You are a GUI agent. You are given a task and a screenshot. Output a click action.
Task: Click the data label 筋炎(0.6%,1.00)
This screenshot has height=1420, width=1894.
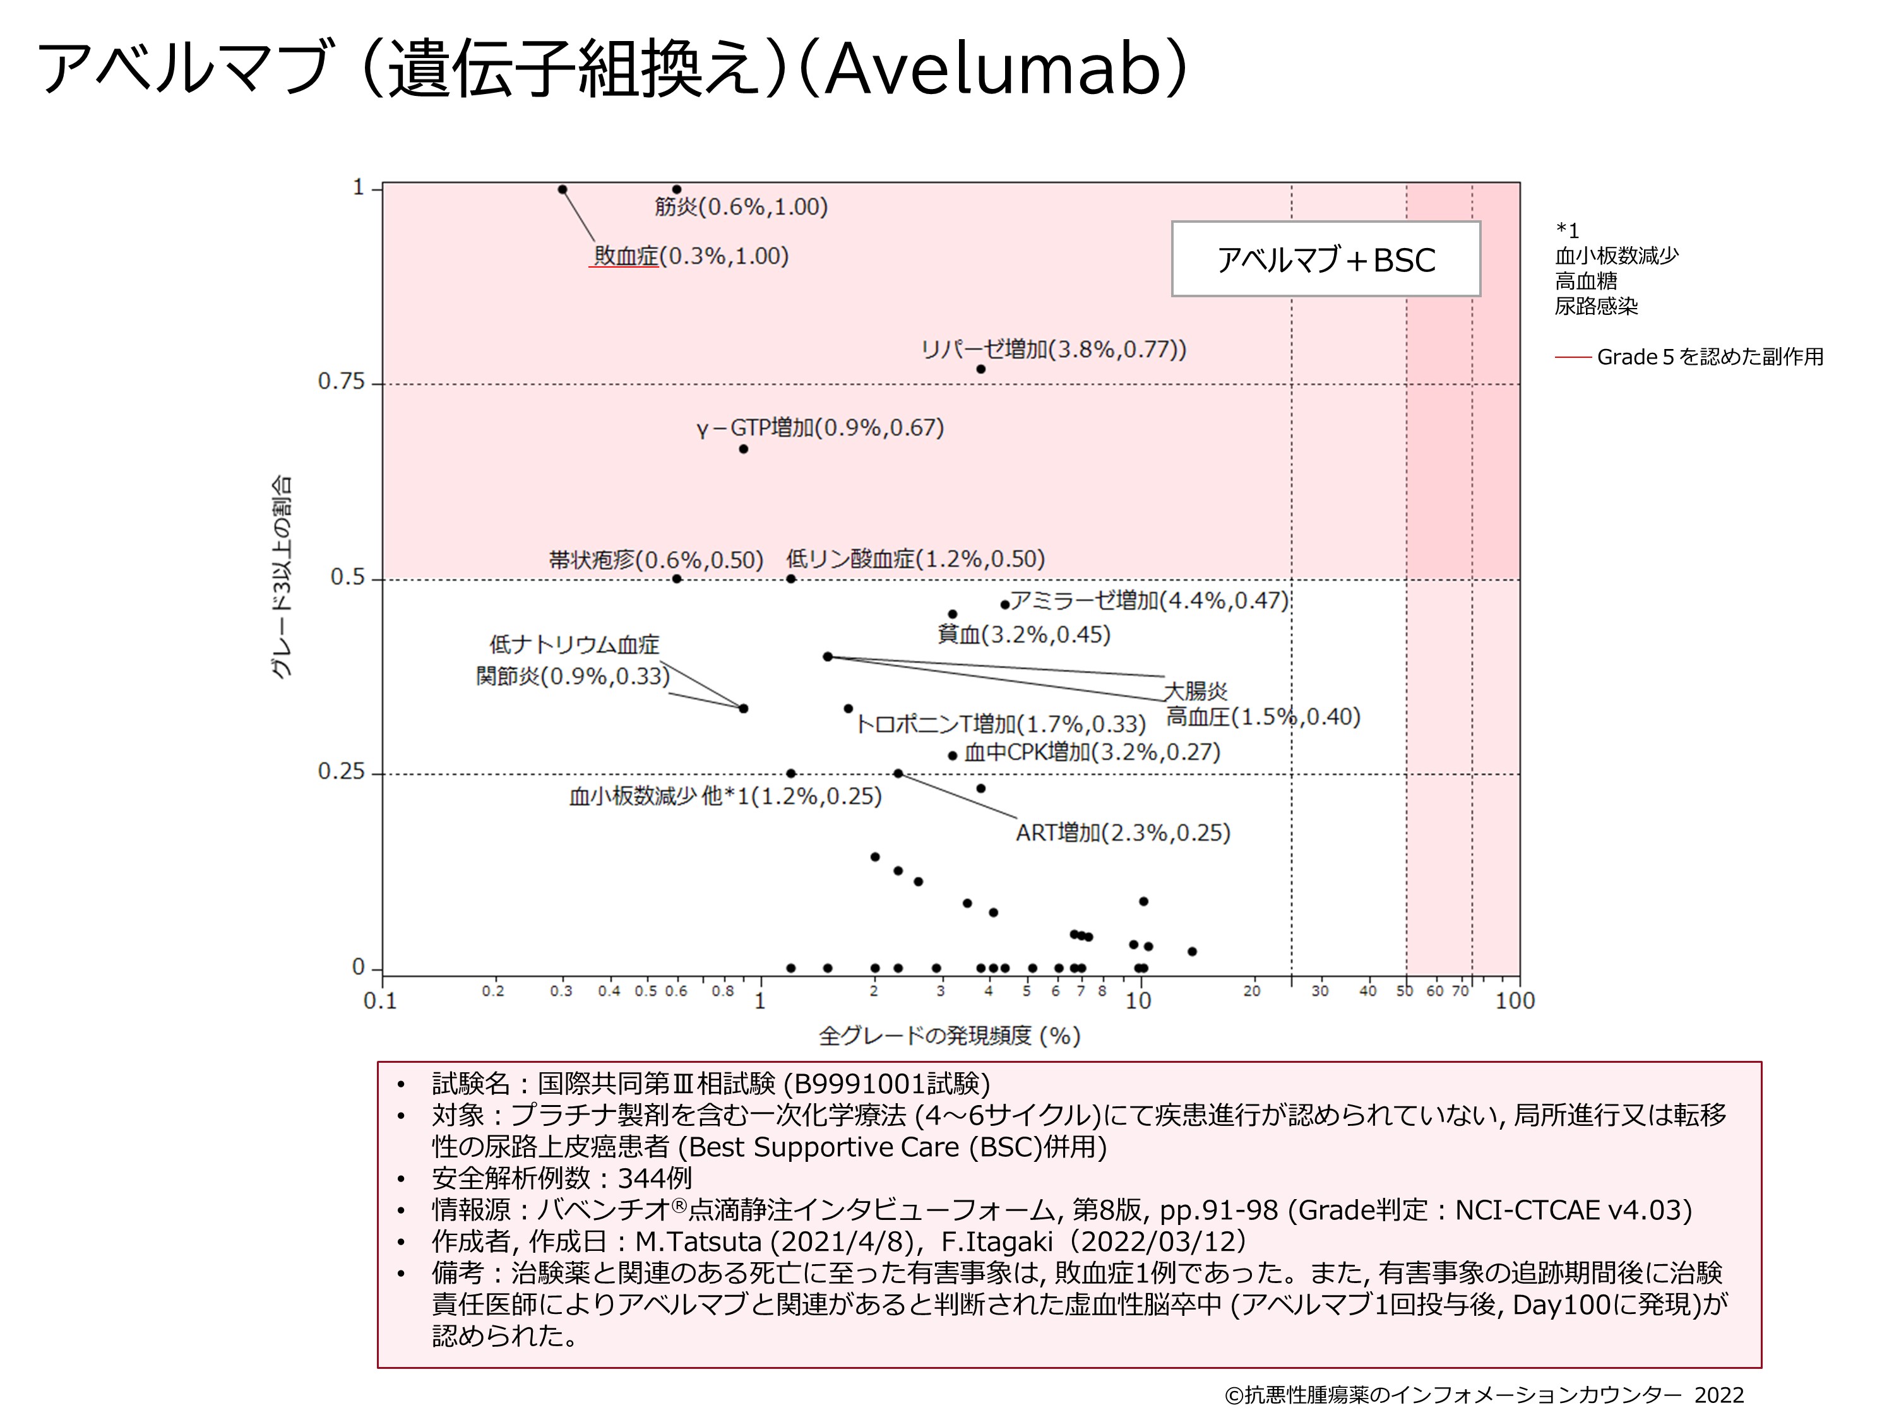coord(741,207)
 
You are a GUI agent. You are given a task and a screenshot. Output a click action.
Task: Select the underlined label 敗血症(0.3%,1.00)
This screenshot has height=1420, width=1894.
coord(691,256)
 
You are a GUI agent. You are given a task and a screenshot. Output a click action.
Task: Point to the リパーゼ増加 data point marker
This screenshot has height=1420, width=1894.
coord(981,370)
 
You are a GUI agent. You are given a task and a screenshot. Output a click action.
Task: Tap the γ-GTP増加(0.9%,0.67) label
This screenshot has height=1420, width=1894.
coord(820,428)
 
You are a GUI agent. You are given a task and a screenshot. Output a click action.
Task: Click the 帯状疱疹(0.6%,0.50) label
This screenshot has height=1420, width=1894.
coord(656,560)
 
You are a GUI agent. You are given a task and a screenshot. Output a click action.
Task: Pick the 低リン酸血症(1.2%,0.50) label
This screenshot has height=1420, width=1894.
coord(915,560)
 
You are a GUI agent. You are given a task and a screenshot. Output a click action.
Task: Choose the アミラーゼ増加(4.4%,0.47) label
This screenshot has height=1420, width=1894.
coord(1149,601)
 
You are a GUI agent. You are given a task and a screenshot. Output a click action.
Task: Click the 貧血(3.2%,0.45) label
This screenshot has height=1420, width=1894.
coord(1023,635)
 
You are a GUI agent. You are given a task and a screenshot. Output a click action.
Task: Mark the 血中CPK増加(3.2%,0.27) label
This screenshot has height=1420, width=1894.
coord(1092,752)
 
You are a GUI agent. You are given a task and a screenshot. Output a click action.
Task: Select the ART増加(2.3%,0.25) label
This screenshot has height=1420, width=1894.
coord(1123,833)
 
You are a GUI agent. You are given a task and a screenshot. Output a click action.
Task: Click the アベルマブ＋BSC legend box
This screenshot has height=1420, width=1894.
coord(1325,259)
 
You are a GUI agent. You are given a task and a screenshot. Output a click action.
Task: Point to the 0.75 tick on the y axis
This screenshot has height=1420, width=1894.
coord(341,382)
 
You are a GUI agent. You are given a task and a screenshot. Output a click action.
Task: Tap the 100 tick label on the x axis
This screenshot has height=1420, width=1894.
coord(1514,1000)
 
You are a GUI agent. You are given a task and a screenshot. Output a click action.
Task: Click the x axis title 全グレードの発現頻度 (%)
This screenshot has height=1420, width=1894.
coord(950,1036)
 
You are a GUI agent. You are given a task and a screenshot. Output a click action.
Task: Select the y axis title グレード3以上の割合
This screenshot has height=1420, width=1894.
coord(282,577)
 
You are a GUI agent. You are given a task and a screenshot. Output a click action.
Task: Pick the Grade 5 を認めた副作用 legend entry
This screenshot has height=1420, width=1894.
coord(1709,357)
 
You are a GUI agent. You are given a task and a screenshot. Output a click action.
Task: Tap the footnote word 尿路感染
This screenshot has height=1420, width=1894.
coord(1596,307)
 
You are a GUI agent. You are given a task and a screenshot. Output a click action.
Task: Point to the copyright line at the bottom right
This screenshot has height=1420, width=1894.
coord(1483,1395)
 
